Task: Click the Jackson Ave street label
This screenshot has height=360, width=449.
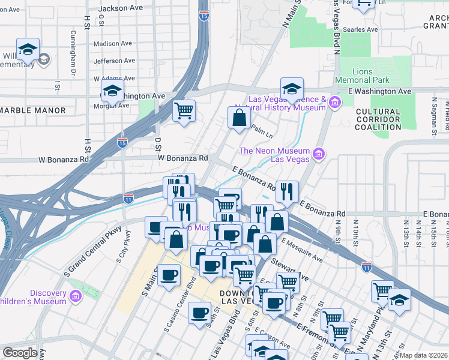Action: pyautogui.click(x=121, y=8)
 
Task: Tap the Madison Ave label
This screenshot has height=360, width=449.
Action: pyautogui.click(x=113, y=44)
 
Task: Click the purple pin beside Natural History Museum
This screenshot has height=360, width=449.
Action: pyautogui.click(x=334, y=104)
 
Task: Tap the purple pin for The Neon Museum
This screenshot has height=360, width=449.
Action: pyautogui.click(x=319, y=155)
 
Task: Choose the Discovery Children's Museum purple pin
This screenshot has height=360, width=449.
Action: pyautogui.click(x=75, y=296)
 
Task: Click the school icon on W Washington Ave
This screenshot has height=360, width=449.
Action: pyautogui.click(x=112, y=91)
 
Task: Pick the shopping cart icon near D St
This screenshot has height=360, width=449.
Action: pyautogui.click(x=184, y=110)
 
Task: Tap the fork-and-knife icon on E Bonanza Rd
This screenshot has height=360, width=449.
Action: pyautogui.click(x=287, y=191)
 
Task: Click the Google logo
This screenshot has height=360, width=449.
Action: pyautogui.click(x=20, y=353)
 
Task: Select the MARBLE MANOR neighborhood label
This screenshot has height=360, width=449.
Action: pyautogui.click(x=33, y=110)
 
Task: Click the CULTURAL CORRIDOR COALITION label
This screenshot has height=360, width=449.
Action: pyautogui.click(x=378, y=119)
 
